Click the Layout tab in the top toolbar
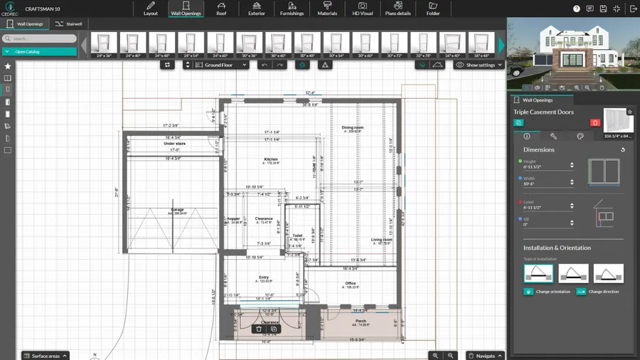click(151, 9)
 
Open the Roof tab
click(221, 9)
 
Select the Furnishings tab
click(292, 9)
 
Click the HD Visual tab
click(362, 9)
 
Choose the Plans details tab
click(398, 9)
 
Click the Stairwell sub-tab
click(69, 24)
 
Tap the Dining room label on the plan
click(353, 128)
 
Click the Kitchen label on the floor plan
click(271, 159)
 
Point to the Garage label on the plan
click(177, 210)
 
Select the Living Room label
click(382, 240)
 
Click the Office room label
click(351, 283)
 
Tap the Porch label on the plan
click(361, 321)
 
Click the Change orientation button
click(547, 292)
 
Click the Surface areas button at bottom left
click(46, 356)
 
